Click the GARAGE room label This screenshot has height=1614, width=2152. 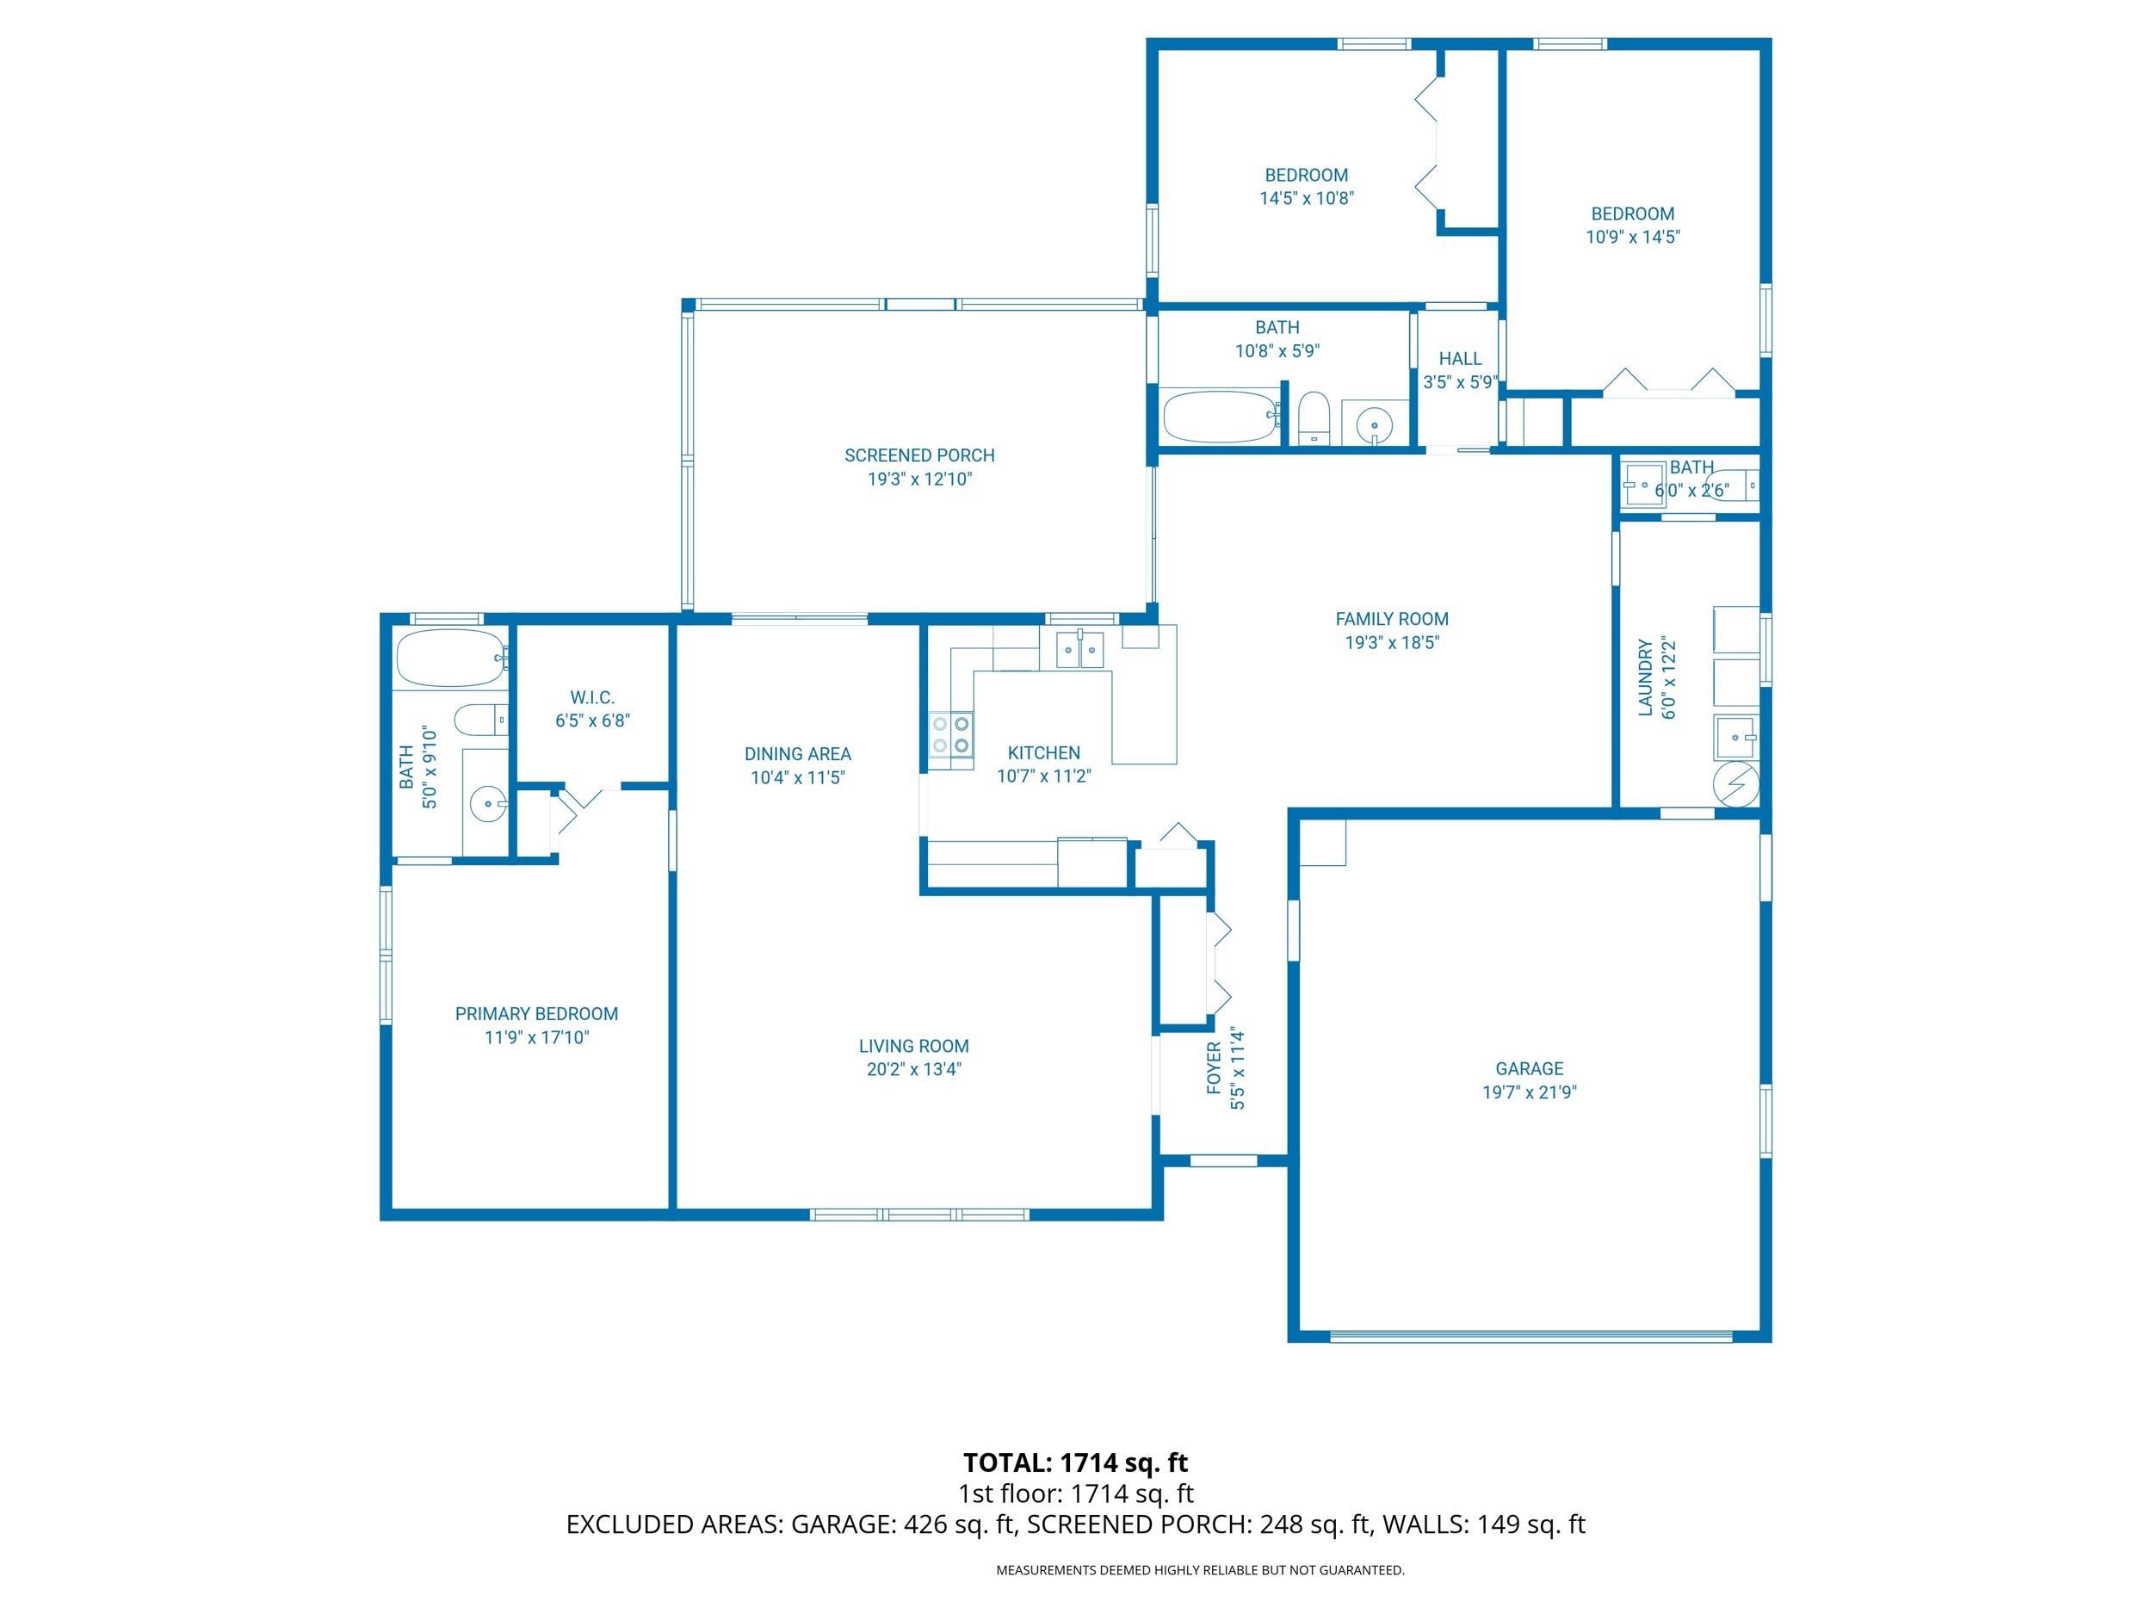(x=1529, y=1068)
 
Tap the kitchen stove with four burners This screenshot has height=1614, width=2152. (x=950, y=734)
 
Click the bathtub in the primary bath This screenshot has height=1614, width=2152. (x=450, y=659)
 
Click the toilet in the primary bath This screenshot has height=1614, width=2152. (x=481, y=720)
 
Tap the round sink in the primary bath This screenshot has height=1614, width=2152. (x=486, y=805)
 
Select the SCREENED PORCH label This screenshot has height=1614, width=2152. (x=918, y=455)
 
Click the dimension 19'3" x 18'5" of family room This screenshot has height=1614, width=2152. (x=1391, y=642)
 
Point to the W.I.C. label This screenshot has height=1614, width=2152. (x=591, y=697)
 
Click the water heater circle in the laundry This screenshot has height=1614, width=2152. (x=1735, y=784)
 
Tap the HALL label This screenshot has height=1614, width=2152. (x=1459, y=359)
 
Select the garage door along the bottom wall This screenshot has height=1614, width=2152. (x=1531, y=1336)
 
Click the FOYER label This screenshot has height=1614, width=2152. (x=1214, y=1067)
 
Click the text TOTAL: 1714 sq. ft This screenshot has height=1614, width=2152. (x=1075, y=1463)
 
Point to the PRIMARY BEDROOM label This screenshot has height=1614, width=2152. (x=536, y=1014)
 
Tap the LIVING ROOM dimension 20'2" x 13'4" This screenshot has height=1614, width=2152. (x=913, y=1069)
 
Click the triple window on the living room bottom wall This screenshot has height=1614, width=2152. (x=918, y=1214)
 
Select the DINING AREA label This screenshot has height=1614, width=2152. (x=797, y=754)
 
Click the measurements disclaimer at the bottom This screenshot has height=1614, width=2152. (x=1200, y=1570)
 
